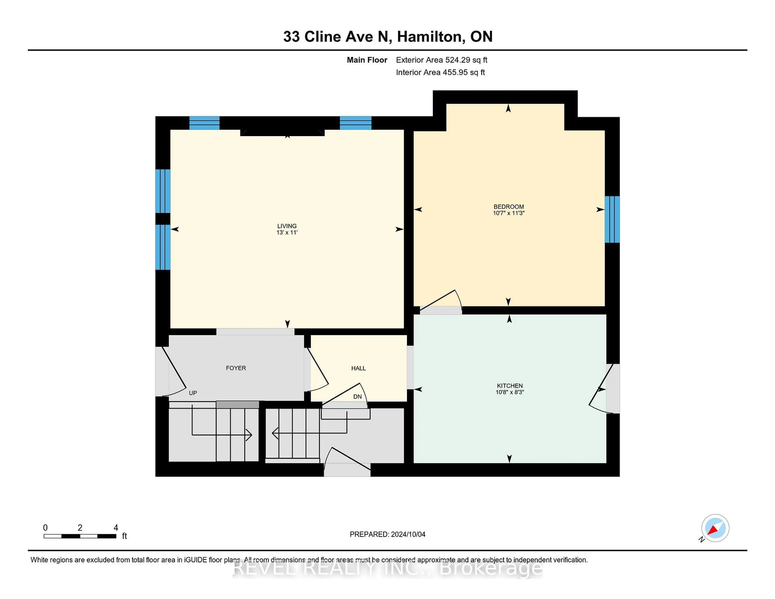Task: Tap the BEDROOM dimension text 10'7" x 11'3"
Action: point(509,213)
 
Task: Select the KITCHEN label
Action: point(510,385)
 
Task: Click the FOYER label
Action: point(236,368)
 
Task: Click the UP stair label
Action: point(193,393)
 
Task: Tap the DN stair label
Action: point(357,396)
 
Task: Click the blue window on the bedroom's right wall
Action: point(612,219)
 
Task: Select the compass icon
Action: point(715,528)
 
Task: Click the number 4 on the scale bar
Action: point(116,528)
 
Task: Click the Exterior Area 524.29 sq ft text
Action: point(441,60)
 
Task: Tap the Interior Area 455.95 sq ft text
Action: point(440,72)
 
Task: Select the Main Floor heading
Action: point(367,60)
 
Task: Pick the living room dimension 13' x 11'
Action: point(287,232)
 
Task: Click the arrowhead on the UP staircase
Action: point(249,435)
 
